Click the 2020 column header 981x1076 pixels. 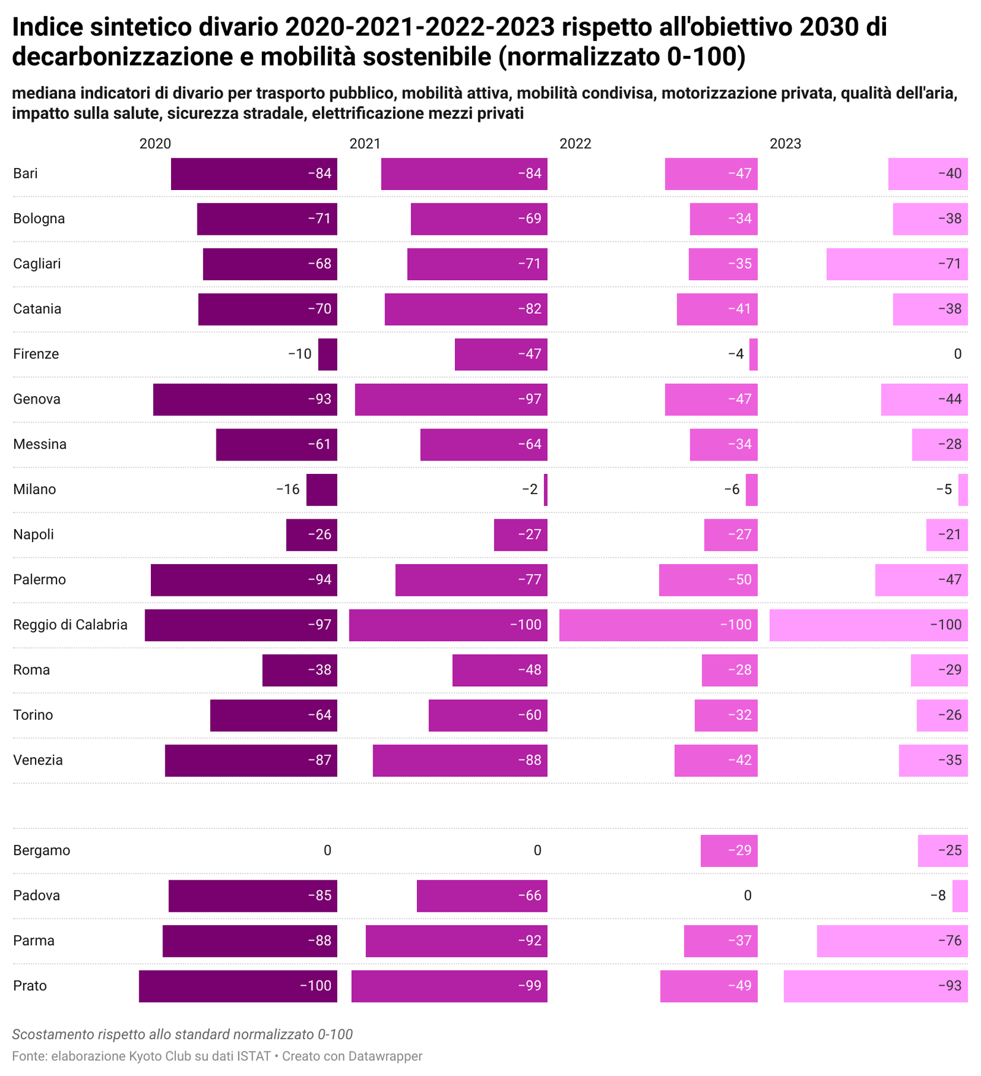155,144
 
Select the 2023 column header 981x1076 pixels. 785,144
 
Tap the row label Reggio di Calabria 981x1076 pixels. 71,625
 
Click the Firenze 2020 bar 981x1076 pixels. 327,354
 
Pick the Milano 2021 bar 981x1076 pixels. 546,490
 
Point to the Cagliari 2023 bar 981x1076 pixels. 896,264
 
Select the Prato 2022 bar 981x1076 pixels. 709,986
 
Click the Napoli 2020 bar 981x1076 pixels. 311,535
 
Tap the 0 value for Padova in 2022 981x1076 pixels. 747,896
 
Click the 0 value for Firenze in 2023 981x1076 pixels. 958,354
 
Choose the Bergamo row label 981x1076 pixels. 42,850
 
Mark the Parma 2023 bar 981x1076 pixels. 892,941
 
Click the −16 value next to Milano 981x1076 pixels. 288,490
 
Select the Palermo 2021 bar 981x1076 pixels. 471,580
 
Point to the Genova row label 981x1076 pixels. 37,400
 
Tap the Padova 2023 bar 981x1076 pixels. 960,896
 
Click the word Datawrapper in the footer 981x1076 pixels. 385,1056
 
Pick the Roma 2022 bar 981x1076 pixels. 730,670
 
